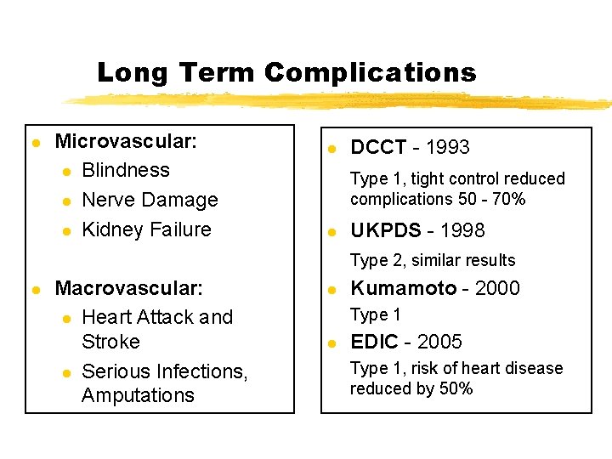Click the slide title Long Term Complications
(286, 72)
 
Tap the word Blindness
(126, 170)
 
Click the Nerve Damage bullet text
(150, 200)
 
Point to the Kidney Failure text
(146, 229)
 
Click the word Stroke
(110, 342)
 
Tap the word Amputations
(138, 395)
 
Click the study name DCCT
(378, 148)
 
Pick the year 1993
(447, 148)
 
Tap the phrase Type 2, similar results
(433, 260)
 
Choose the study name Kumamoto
(404, 288)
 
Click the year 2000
(497, 288)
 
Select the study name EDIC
(374, 342)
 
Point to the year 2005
(439, 342)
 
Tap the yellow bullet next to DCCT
(334, 149)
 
